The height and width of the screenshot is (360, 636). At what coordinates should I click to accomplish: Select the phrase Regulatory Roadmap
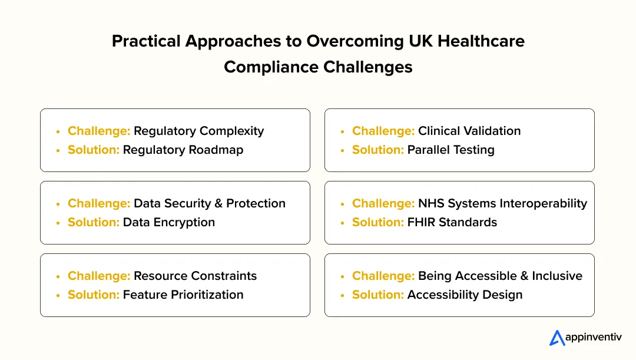pyautogui.click(x=183, y=150)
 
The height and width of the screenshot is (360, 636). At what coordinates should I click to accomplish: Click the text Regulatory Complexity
pyautogui.click(x=198, y=131)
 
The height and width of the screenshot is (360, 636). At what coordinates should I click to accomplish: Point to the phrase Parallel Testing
pyautogui.click(x=450, y=150)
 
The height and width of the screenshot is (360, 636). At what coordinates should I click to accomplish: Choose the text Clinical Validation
pyautogui.click(x=469, y=131)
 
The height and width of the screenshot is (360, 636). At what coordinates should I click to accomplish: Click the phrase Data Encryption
pyautogui.click(x=168, y=222)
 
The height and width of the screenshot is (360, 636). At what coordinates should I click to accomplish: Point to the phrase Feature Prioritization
pyautogui.click(x=183, y=295)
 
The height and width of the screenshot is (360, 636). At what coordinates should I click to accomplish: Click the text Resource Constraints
pyautogui.click(x=195, y=276)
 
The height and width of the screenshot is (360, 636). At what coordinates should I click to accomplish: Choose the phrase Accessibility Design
pyautogui.click(x=465, y=295)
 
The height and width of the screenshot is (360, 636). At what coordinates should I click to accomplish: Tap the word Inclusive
pyautogui.click(x=557, y=276)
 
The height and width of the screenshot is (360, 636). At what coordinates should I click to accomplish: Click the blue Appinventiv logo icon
pyautogui.click(x=557, y=338)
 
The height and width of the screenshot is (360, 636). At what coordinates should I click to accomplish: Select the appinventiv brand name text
pyautogui.click(x=594, y=338)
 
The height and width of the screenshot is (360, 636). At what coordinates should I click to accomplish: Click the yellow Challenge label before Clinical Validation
pyautogui.click(x=383, y=131)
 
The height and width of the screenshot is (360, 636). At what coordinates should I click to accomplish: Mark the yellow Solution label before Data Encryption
pyautogui.click(x=94, y=222)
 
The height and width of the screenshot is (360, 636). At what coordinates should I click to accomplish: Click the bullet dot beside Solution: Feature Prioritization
pyautogui.click(x=58, y=295)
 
